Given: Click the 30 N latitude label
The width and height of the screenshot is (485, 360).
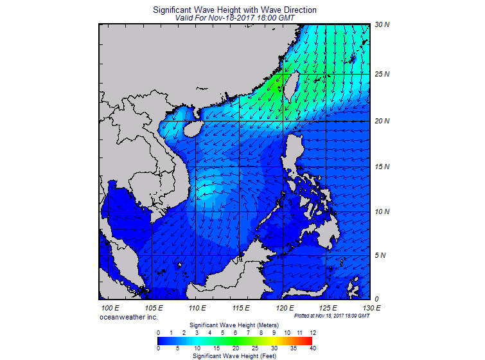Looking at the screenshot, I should pyautogui.click(x=382, y=25).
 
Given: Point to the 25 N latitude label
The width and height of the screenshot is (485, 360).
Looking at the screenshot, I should pyautogui.click(x=382, y=74).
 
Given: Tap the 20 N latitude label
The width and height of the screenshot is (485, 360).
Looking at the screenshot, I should pyautogui.click(x=382, y=121).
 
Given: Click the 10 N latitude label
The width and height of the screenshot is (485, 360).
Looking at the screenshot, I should pyautogui.click(x=382, y=212).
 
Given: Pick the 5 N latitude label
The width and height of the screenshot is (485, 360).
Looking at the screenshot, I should pyautogui.click(x=380, y=255).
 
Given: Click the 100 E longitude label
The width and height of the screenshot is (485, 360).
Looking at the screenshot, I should pyautogui.click(x=110, y=308).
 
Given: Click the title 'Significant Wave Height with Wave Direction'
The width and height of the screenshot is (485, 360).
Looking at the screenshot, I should pyautogui.click(x=234, y=10).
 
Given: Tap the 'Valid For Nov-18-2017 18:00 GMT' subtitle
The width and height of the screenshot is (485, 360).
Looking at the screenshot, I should pyautogui.click(x=235, y=18).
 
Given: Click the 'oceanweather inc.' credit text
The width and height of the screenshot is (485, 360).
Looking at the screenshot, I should pyautogui.click(x=128, y=317).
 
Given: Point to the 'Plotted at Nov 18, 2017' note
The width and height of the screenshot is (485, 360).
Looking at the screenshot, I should pyautogui.click(x=331, y=316).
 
